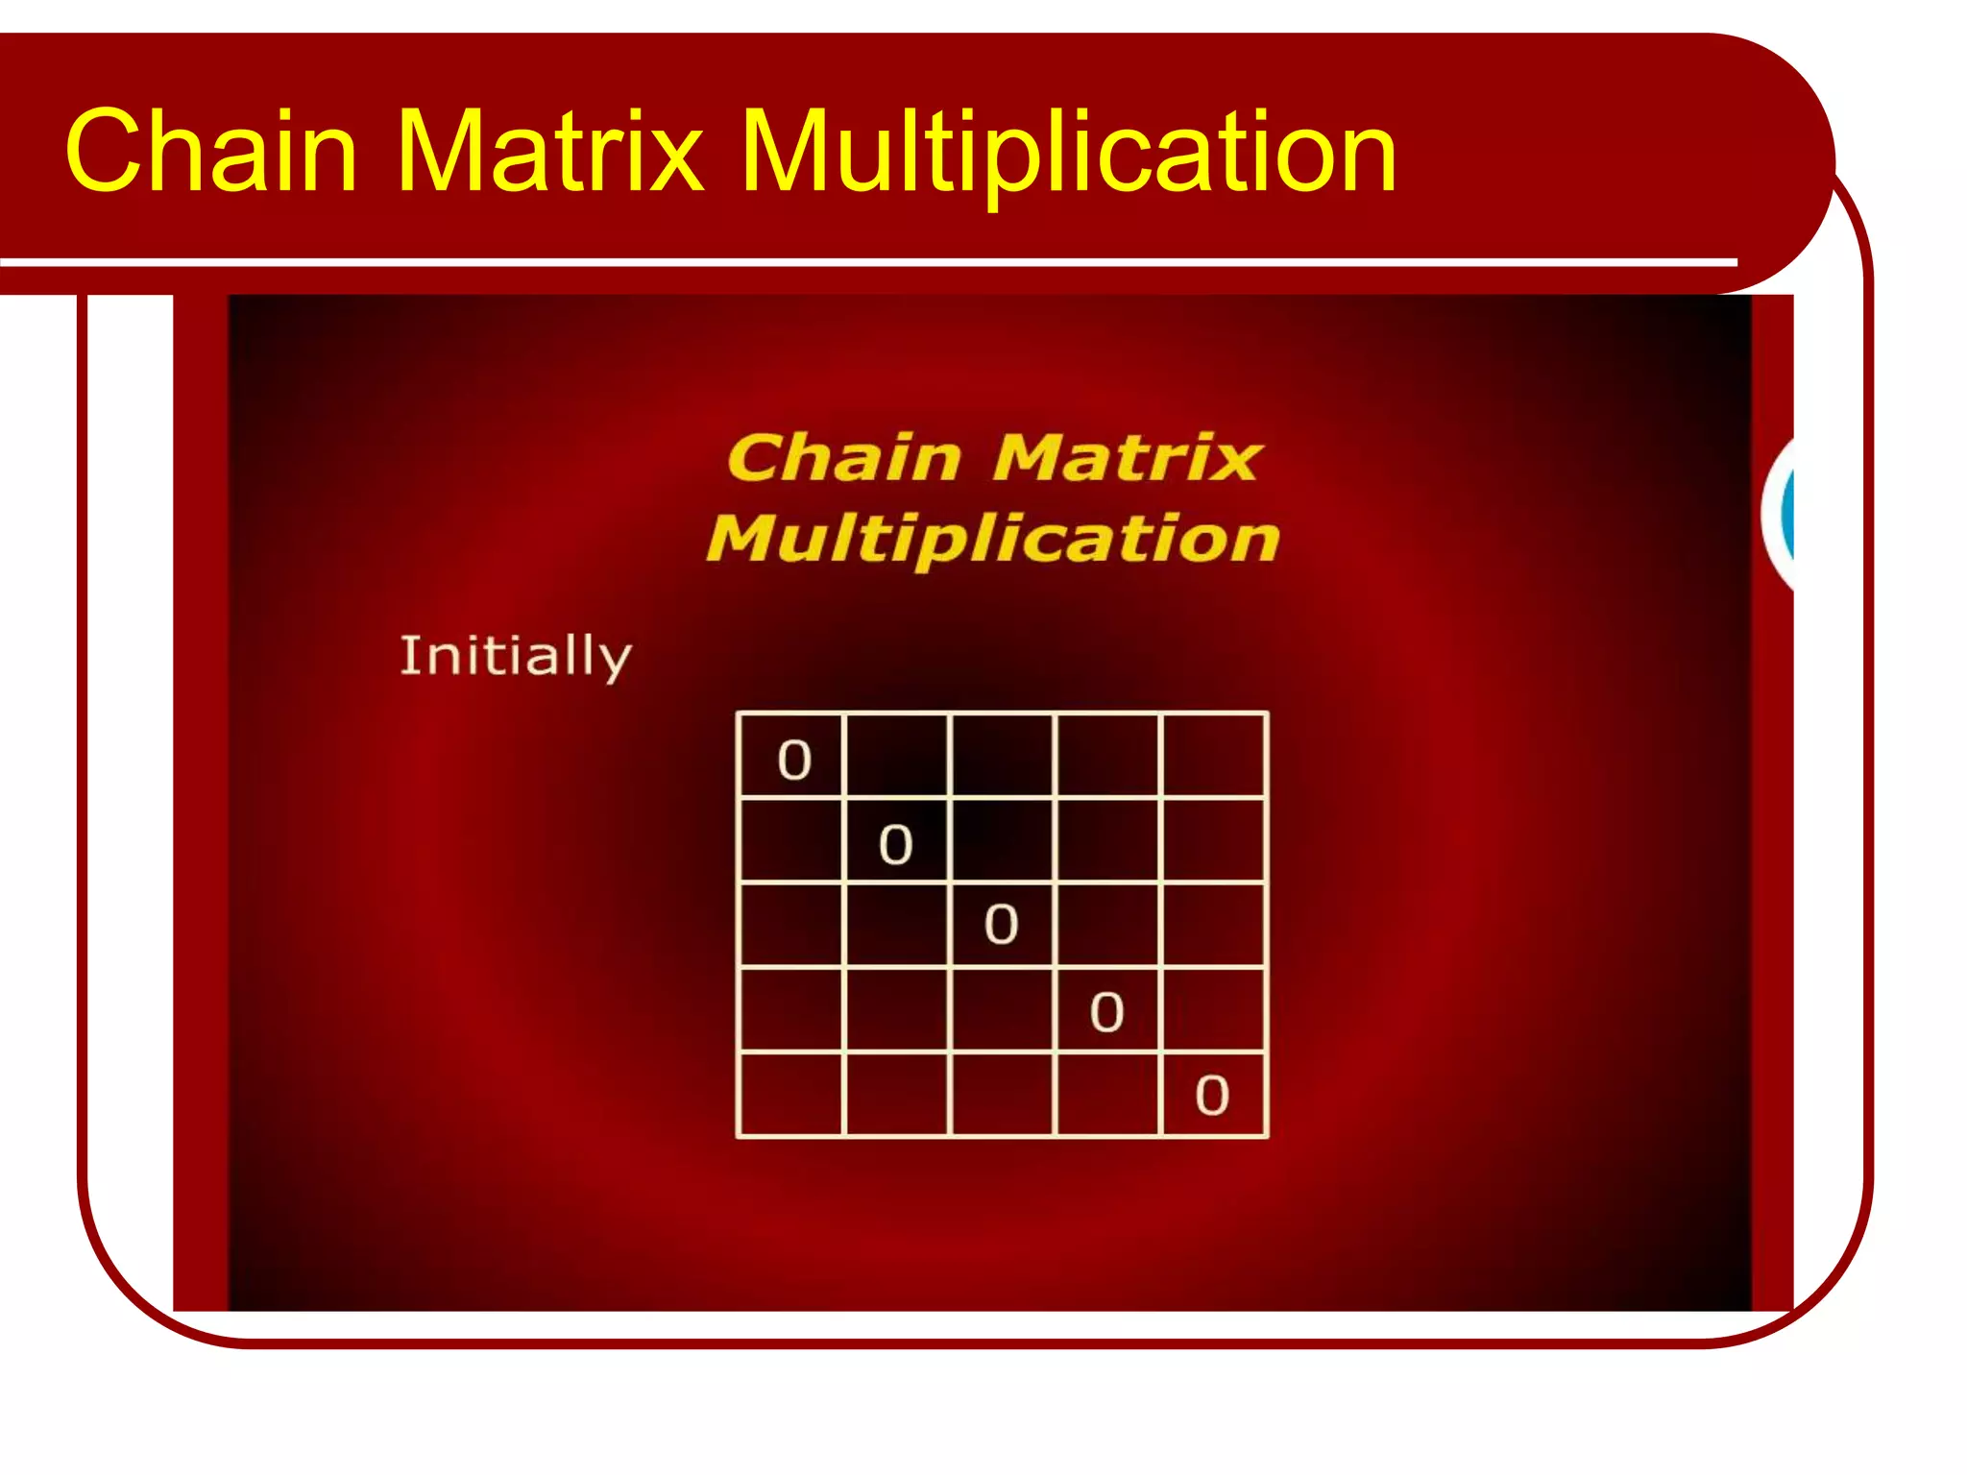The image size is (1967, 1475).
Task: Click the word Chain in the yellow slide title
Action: (211, 152)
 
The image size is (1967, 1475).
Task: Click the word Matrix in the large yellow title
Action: (549, 152)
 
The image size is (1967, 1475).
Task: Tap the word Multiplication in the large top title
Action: (1068, 152)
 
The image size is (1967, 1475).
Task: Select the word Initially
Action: (516, 657)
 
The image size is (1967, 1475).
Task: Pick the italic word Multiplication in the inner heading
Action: (993, 539)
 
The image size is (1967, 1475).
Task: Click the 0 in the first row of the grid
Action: (794, 760)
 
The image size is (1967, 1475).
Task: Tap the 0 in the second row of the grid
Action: (895, 844)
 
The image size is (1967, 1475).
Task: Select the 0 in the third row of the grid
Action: (1001, 924)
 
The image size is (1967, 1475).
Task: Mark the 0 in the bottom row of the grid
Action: (1212, 1096)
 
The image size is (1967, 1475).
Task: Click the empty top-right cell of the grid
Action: (1214, 755)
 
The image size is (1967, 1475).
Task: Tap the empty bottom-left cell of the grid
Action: (790, 1095)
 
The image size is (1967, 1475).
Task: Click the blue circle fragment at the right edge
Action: (1785, 514)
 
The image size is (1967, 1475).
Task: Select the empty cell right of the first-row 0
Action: (896, 755)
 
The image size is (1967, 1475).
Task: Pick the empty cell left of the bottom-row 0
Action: (1106, 1095)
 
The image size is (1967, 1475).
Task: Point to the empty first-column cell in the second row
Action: (790, 839)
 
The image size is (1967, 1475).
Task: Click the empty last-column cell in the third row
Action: (1214, 924)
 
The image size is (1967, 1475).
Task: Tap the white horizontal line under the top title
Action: (864, 261)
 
